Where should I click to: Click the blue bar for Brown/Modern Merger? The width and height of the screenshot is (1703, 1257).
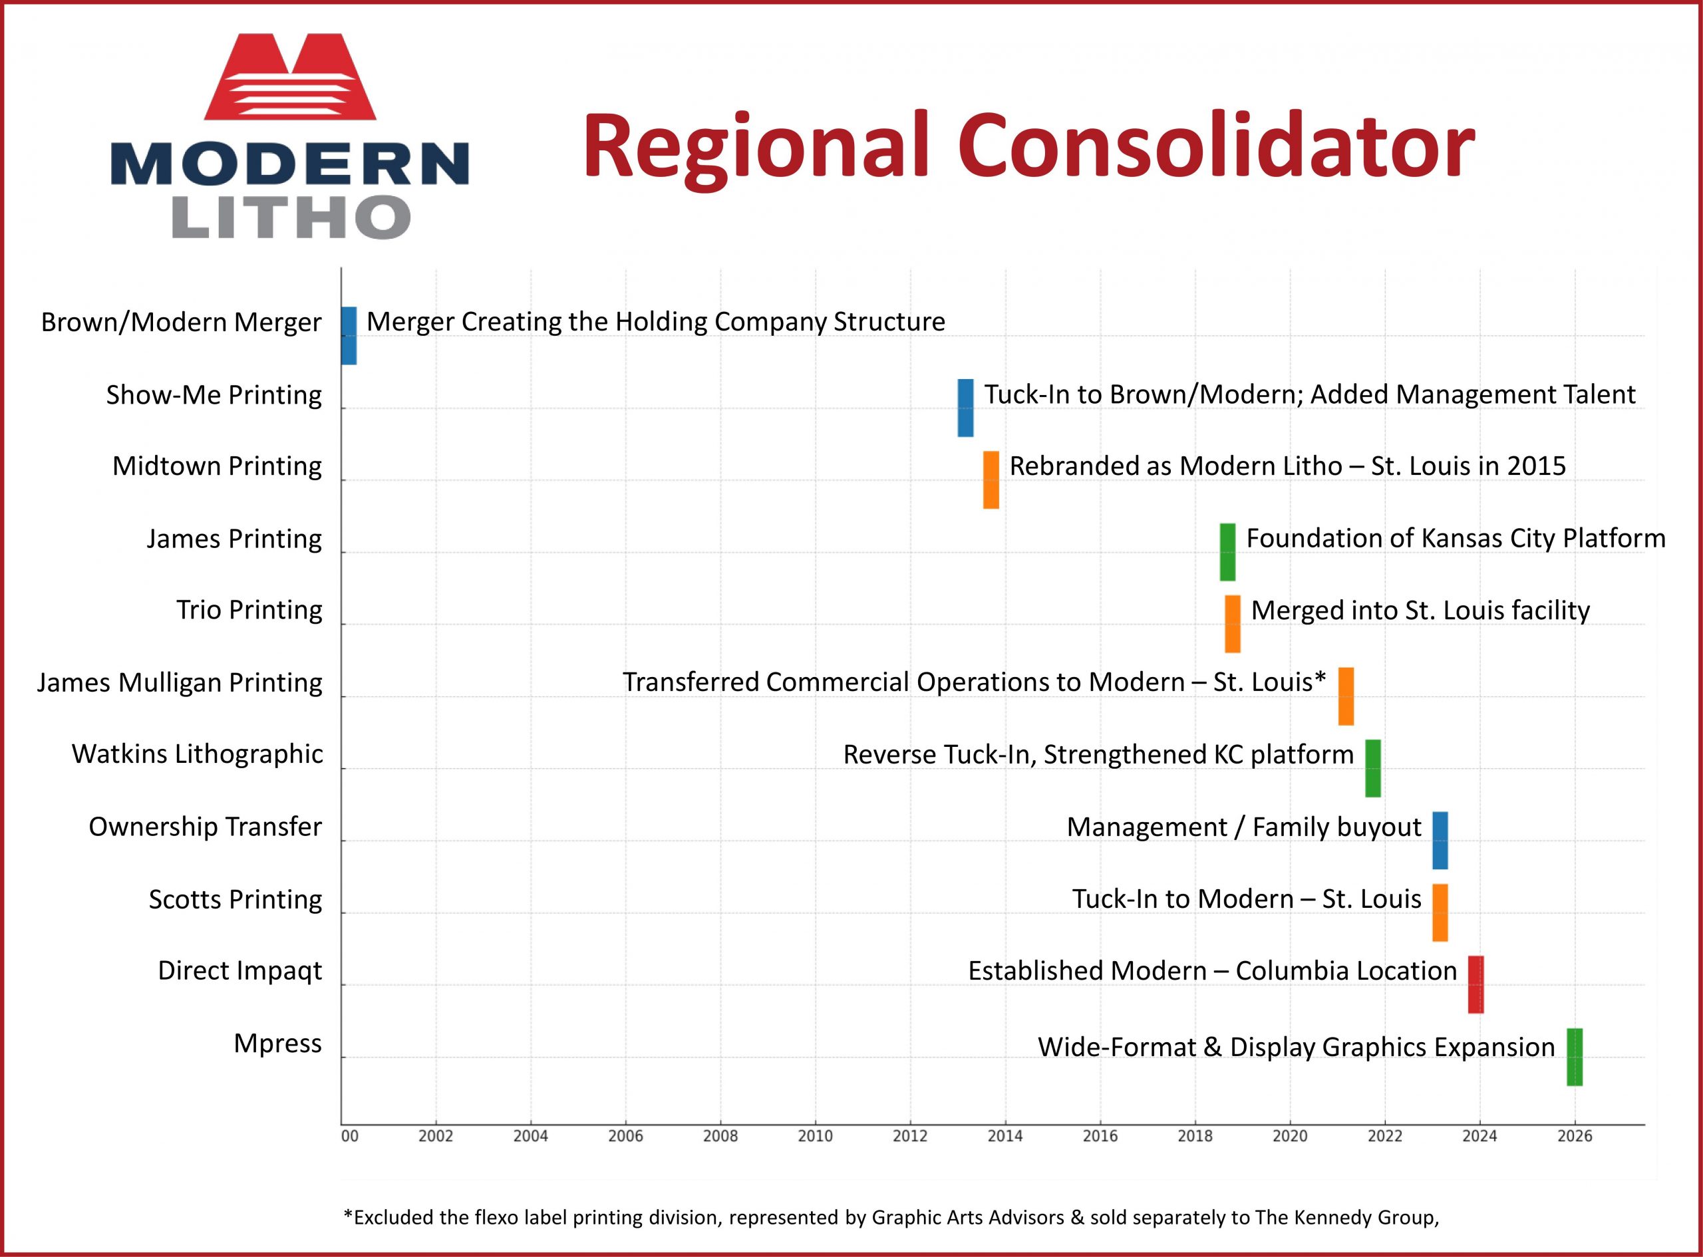(349, 336)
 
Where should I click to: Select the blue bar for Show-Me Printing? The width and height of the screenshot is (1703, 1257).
(965, 408)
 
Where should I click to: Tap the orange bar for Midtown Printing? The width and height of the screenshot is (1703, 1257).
(991, 480)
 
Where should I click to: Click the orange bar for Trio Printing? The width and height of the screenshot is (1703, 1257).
(1233, 624)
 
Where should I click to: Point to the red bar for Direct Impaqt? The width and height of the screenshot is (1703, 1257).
(1475, 984)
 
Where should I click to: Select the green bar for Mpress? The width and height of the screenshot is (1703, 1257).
(1575, 1057)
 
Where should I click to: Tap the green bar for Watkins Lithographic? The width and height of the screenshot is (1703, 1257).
(1373, 769)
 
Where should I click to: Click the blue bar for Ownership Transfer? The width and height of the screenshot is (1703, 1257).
(1440, 841)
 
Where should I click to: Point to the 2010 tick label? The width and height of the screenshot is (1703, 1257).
(815, 1137)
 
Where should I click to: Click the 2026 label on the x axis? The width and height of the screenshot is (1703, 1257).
(1575, 1137)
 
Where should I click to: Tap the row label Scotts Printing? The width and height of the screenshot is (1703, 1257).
(235, 899)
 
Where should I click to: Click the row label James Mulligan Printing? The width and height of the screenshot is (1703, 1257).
(180, 682)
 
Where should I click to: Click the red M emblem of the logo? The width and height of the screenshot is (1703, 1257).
(290, 76)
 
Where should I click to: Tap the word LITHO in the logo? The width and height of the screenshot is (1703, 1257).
(291, 217)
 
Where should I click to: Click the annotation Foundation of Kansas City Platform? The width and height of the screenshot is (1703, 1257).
(1456, 539)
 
